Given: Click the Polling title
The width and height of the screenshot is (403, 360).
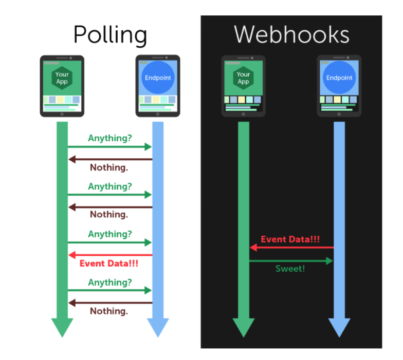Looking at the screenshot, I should (x=110, y=35).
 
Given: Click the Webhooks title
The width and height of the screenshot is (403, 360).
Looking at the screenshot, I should (x=291, y=35).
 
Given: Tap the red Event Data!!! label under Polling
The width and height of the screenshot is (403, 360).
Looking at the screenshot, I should (x=109, y=263).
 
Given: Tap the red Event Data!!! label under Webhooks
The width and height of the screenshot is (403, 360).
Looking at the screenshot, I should (x=290, y=239).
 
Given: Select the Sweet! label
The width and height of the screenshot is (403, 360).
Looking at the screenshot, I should (x=290, y=269).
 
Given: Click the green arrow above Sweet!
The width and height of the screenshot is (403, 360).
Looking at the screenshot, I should (x=291, y=261).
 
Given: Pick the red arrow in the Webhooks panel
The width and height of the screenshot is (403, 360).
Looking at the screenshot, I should (x=291, y=248).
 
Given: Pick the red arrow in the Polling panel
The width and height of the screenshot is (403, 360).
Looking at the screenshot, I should (x=110, y=255).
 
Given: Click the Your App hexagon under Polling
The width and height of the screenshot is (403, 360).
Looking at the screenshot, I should (x=62, y=78).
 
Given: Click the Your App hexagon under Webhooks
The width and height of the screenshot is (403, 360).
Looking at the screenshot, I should (x=243, y=78).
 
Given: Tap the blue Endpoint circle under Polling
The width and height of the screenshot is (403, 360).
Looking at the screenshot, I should (x=158, y=78).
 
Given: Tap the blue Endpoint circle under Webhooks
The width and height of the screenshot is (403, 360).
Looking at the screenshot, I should (x=339, y=78).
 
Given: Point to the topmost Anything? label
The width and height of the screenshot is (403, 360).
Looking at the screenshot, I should (x=110, y=138).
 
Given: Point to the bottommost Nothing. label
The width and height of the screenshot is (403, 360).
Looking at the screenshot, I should (x=109, y=311).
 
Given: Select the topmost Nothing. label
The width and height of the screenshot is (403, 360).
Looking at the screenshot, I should (x=109, y=167).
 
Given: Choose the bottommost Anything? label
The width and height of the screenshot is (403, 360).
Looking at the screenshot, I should (x=110, y=282).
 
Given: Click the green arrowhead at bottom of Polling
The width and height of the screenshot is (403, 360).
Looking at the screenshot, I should (x=62, y=327).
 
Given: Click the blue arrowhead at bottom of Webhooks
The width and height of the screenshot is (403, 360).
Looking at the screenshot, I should (x=339, y=327).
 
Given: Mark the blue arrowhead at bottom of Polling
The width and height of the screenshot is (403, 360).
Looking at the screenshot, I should (x=158, y=327).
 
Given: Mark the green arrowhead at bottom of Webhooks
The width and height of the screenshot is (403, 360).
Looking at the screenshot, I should (x=244, y=327).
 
